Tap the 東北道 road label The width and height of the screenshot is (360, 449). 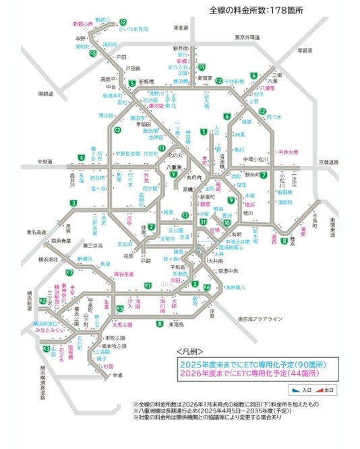click(x=180, y=28)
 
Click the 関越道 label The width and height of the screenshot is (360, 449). click(x=45, y=93)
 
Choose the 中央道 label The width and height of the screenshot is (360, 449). click(x=45, y=162)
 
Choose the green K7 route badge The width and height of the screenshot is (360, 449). click(x=69, y=272)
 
